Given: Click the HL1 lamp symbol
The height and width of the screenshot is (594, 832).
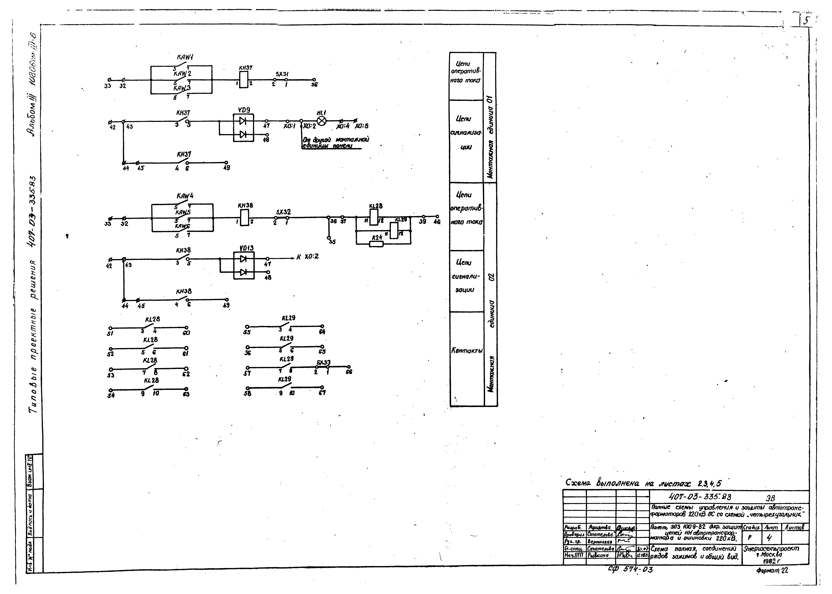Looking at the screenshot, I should tap(321, 121).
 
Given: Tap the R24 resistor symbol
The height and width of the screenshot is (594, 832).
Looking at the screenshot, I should tap(376, 244).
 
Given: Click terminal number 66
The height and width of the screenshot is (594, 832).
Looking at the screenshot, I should tap(349, 372).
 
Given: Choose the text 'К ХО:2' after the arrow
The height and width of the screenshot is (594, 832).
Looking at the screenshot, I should tap(307, 257).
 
